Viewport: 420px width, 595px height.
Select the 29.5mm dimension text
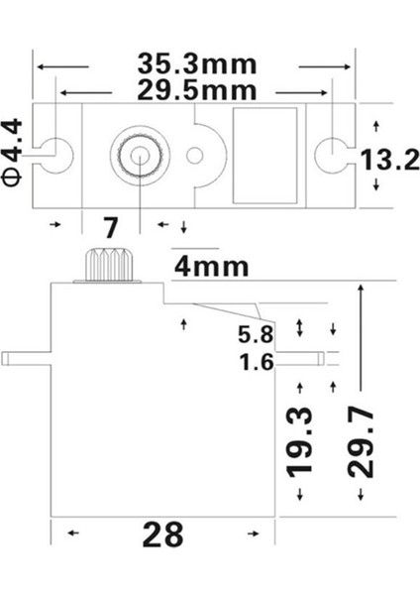193,90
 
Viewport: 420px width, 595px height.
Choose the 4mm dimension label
211,267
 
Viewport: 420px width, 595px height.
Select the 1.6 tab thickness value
256,362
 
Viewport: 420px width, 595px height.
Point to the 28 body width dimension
163,535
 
